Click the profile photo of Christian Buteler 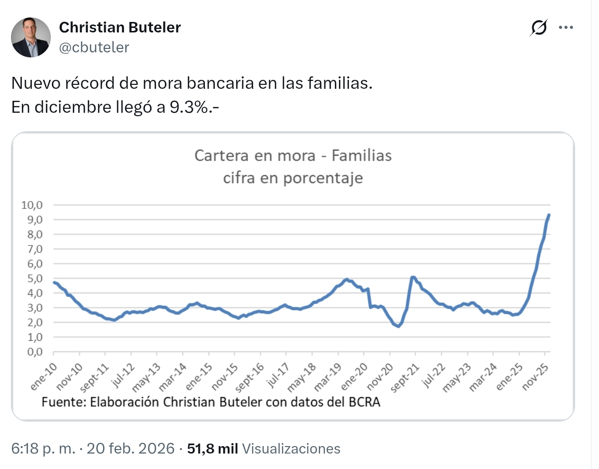30,37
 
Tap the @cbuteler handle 94,47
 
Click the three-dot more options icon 566,28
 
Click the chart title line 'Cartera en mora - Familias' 293,156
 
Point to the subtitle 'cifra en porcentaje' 293,178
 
